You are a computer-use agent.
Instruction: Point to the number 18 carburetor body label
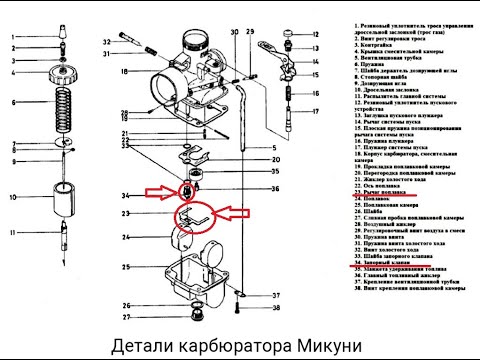125,72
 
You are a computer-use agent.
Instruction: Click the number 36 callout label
276,188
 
